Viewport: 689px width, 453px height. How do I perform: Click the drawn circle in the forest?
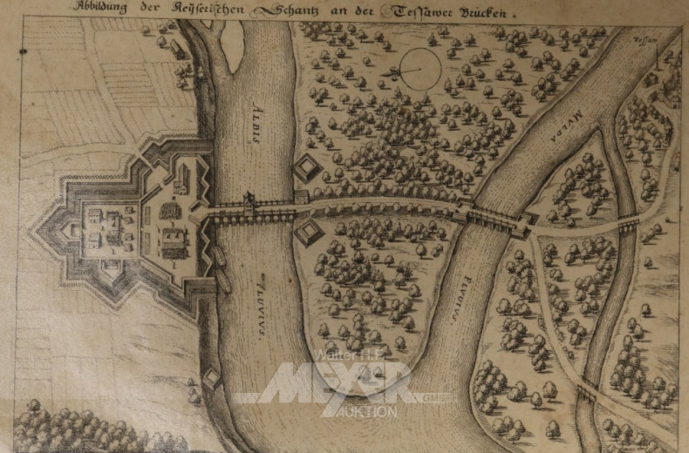(x=421, y=68)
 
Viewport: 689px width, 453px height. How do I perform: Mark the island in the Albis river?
(x=233, y=45)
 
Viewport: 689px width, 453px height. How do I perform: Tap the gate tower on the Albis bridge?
(x=249, y=204)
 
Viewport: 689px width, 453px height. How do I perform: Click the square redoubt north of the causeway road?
(x=307, y=169)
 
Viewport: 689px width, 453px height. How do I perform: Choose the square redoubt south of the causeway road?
(x=310, y=233)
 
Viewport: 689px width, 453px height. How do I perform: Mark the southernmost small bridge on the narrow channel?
(x=586, y=393)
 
